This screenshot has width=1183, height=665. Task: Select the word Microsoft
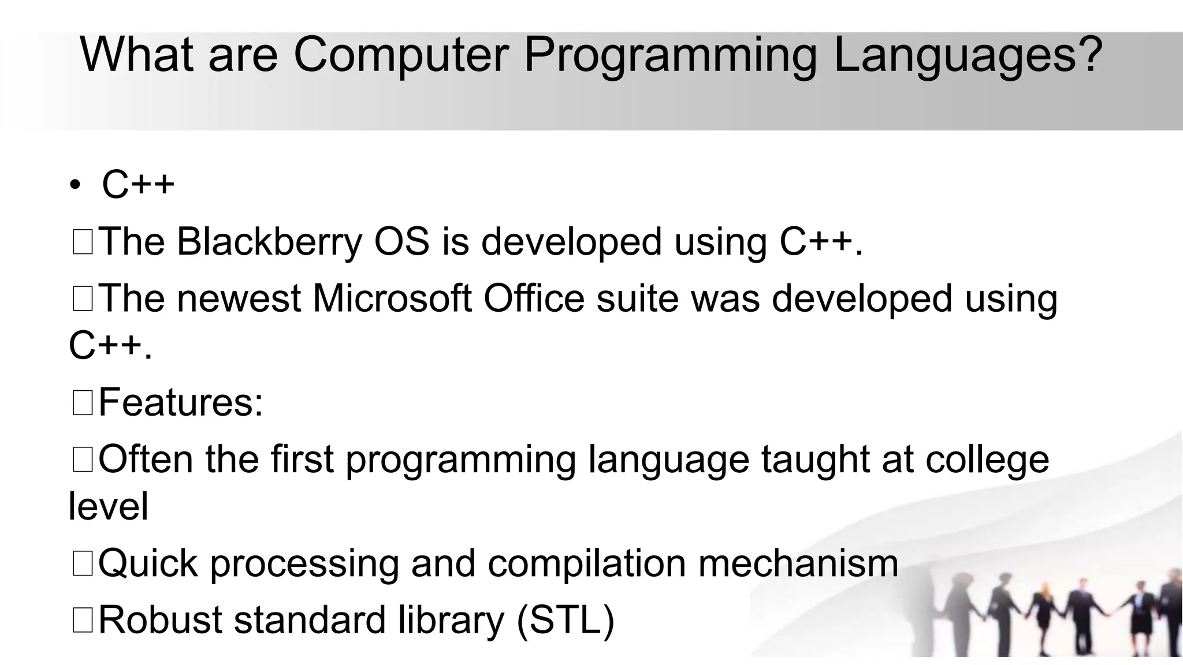click(x=392, y=298)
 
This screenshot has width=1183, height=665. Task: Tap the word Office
click(x=534, y=298)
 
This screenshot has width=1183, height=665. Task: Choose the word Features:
click(x=181, y=402)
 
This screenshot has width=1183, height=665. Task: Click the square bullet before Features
click(x=83, y=403)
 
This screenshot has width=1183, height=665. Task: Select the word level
click(x=108, y=507)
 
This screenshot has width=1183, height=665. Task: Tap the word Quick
click(x=148, y=563)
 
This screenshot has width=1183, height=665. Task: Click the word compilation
click(x=586, y=563)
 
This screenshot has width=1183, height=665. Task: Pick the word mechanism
click(x=798, y=563)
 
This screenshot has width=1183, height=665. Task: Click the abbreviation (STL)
click(x=566, y=621)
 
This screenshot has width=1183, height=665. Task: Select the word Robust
click(x=160, y=620)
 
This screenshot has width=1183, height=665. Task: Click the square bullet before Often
click(x=83, y=460)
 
